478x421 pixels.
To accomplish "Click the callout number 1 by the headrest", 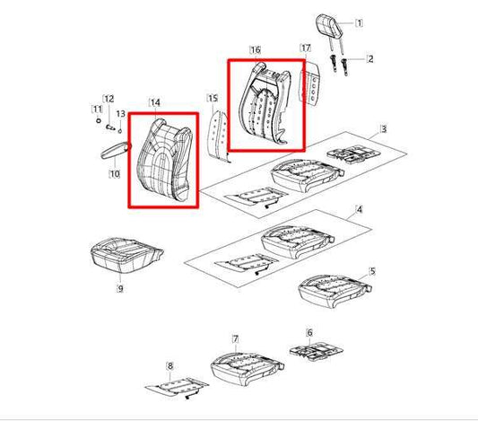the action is [x=359, y=22].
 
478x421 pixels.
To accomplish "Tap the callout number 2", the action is [x=370, y=59].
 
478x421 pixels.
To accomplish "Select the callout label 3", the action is [x=384, y=129].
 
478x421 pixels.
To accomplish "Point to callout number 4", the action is [x=360, y=209].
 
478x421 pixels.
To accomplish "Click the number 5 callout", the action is [x=372, y=271].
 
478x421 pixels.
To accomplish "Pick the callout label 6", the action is [x=309, y=332].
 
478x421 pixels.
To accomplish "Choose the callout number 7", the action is [x=236, y=339].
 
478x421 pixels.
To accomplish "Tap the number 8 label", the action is [x=170, y=365].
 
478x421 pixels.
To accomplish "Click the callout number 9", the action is [x=120, y=288].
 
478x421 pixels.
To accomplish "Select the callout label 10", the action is [x=115, y=174].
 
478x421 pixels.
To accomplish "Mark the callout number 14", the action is [x=155, y=103].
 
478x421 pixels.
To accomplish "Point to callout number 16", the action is [x=256, y=49].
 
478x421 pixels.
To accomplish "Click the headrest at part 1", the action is [x=328, y=25].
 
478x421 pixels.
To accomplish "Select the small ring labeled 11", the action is [x=98, y=120].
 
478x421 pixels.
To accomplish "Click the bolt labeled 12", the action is [x=110, y=127].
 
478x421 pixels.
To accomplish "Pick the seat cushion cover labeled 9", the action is [x=126, y=255].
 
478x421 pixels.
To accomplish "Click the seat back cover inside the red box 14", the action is [x=165, y=160].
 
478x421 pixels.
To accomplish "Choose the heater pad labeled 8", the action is [x=177, y=387].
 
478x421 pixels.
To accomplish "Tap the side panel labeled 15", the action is [x=218, y=135].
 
